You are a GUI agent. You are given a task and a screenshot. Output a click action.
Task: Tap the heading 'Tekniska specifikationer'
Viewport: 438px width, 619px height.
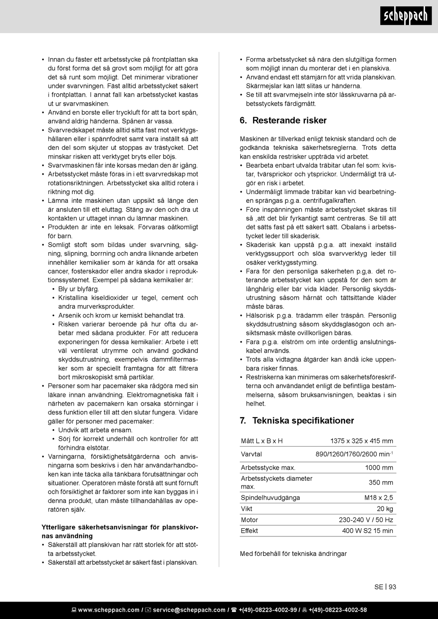297,420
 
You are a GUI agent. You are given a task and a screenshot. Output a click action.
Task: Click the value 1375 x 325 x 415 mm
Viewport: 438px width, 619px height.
361,441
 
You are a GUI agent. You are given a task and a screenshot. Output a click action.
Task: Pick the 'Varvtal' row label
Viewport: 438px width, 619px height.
251,454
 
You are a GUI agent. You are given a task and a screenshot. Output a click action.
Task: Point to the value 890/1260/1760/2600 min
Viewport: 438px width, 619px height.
353,454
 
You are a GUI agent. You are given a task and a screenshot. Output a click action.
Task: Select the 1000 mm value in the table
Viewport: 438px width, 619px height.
379,468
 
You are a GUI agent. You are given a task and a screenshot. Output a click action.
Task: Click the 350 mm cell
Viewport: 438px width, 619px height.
381,483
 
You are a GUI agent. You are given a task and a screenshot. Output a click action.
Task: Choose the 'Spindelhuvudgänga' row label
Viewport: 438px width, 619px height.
270,498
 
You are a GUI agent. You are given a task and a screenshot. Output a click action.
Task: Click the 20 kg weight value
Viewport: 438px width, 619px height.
385,509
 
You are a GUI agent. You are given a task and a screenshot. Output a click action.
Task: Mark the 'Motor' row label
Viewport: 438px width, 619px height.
249,520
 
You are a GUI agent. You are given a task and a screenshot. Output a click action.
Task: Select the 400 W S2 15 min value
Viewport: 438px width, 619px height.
367,531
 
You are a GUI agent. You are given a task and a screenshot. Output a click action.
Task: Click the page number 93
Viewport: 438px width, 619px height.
392,587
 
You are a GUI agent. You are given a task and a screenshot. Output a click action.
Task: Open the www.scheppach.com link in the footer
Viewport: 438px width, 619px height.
108,610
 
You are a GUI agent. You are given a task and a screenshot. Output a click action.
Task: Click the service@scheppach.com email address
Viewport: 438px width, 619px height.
189,610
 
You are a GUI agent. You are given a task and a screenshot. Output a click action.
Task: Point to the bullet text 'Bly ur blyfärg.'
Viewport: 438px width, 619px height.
78,289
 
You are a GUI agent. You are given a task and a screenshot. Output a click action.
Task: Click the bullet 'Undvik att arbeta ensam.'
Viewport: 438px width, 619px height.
95,430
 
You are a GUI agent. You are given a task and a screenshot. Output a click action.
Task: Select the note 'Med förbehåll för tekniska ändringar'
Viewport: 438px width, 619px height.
293,554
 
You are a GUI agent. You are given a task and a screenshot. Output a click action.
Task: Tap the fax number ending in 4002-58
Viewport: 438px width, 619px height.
337,610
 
